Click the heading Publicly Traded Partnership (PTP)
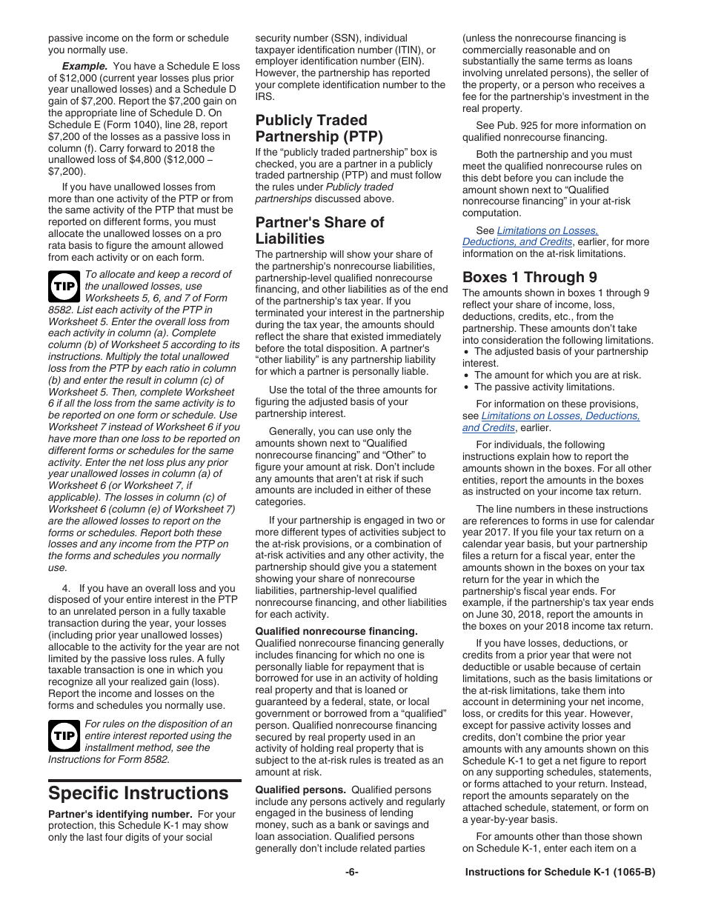(319, 128)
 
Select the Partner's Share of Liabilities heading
(319, 230)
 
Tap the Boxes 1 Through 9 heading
(529, 277)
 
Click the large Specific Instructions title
(139, 793)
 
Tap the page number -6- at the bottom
(351, 872)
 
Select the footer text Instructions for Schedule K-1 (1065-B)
(559, 872)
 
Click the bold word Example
(84, 66)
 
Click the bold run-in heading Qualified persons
(300, 790)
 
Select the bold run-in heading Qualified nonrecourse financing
(336, 631)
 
